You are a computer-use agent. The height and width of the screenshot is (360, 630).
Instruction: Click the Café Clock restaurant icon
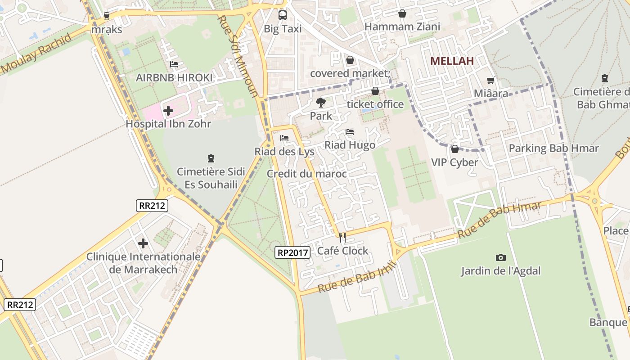coord(342,237)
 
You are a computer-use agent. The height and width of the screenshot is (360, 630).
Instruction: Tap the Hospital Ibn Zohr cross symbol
coord(168,110)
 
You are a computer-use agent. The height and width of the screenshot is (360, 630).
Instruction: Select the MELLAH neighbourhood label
coord(452,61)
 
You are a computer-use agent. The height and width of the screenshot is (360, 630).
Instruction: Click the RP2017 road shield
coord(292,252)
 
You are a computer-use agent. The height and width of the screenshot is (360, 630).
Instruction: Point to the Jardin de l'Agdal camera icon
coord(500,257)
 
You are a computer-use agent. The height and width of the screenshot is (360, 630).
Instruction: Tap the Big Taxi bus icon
coord(283,15)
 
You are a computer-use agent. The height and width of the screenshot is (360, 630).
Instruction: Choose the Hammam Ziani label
coord(402,27)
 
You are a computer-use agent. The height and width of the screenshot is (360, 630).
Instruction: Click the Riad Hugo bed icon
coord(350,132)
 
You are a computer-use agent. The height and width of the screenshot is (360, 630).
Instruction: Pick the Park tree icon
coord(320,103)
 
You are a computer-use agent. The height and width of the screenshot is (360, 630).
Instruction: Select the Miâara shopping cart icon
coord(491,81)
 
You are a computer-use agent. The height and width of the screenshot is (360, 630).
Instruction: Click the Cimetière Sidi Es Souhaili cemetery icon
coord(211,158)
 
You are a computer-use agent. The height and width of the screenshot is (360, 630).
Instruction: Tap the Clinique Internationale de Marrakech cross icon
coord(143,243)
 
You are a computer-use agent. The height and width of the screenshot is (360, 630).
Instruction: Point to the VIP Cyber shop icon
coord(454,149)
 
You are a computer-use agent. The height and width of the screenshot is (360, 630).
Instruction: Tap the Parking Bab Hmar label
coord(553,148)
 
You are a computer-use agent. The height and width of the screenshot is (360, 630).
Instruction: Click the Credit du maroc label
coord(306,174)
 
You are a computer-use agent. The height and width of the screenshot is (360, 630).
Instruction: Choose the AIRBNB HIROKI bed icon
coord(174,64)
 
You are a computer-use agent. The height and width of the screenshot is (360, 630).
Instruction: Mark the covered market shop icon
coord(350,60)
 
